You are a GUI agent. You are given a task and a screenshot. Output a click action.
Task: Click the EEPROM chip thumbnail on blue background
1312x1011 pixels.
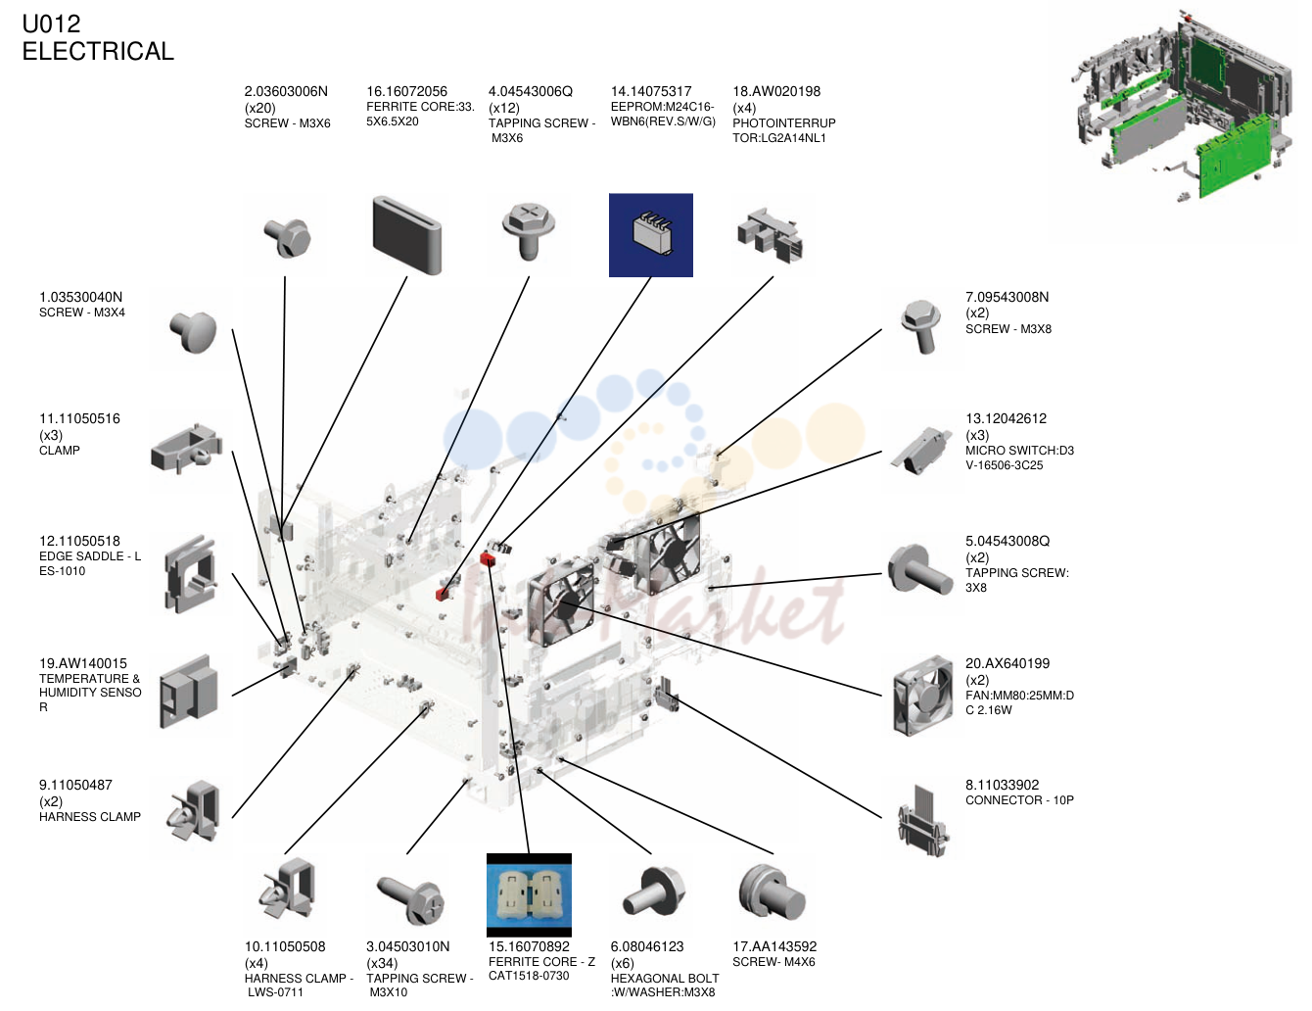click(650, 235)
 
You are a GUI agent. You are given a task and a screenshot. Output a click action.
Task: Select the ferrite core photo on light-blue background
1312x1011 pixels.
click(529, 895)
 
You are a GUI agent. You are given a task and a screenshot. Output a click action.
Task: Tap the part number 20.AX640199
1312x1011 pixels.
click(1007, 663)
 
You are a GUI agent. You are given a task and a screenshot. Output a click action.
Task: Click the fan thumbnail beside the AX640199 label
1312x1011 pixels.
click(922, 696)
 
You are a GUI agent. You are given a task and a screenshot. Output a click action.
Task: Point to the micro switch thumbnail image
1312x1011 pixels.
click(919, 452)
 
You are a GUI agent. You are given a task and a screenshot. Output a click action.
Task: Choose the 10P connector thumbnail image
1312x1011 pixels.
click(923, 820)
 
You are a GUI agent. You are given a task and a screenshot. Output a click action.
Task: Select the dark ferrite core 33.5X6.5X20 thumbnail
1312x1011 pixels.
click(407, 235)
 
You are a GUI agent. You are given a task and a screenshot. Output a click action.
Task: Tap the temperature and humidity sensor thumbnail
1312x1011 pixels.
click(188, 692)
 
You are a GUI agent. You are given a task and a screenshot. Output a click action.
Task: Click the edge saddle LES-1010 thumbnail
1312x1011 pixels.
click(190, 574)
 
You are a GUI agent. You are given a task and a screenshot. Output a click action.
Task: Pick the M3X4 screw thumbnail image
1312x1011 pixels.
click(193, 331)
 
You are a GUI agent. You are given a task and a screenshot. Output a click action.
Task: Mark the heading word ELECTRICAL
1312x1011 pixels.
click(98, 51)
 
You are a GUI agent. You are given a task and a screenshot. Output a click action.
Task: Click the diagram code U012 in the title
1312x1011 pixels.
click(51, 24)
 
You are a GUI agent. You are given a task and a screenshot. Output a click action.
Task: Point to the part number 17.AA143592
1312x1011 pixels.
click(774, 946)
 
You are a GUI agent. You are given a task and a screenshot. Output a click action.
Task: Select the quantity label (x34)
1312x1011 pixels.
click(382, 963)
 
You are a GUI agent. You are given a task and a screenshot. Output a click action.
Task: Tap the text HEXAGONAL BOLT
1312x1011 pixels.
click(664, 979)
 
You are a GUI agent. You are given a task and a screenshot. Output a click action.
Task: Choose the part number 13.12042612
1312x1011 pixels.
click(1006, 418)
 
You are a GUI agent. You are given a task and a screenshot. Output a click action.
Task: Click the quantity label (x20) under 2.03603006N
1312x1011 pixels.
click(260, 108)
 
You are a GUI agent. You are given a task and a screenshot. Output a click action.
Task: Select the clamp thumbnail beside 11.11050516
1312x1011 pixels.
click(187, 450)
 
